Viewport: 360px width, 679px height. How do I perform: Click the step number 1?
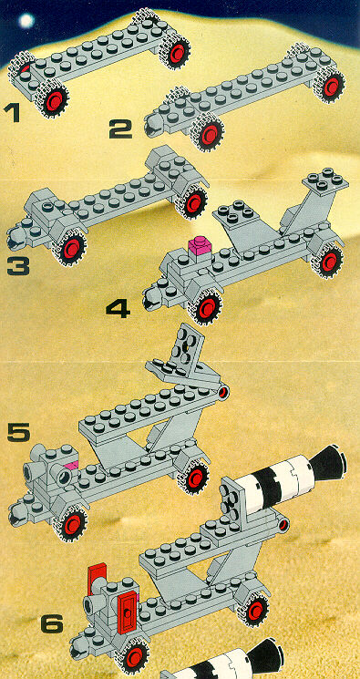[x=11, y=113]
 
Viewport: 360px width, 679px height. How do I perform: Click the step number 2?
[x=120, y=129]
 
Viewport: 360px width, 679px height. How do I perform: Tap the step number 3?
[x=18, y=266]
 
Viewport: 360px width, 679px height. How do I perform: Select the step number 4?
[x=118, y=309]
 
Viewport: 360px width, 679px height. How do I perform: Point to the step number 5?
[x=19, y=433]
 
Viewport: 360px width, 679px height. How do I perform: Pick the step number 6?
[x=52, y=625]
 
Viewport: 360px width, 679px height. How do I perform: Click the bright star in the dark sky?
[x=26, y=20]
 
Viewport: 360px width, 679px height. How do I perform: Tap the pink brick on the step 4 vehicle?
[x=200, y=245]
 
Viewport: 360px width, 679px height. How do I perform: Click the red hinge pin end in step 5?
[x=223, y=392]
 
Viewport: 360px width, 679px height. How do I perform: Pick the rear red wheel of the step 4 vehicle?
[x=329, y=262]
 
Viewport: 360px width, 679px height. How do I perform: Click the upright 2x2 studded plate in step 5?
[x=186, y=347]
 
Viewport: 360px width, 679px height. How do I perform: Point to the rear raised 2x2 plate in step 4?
[x=325, y=180]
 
